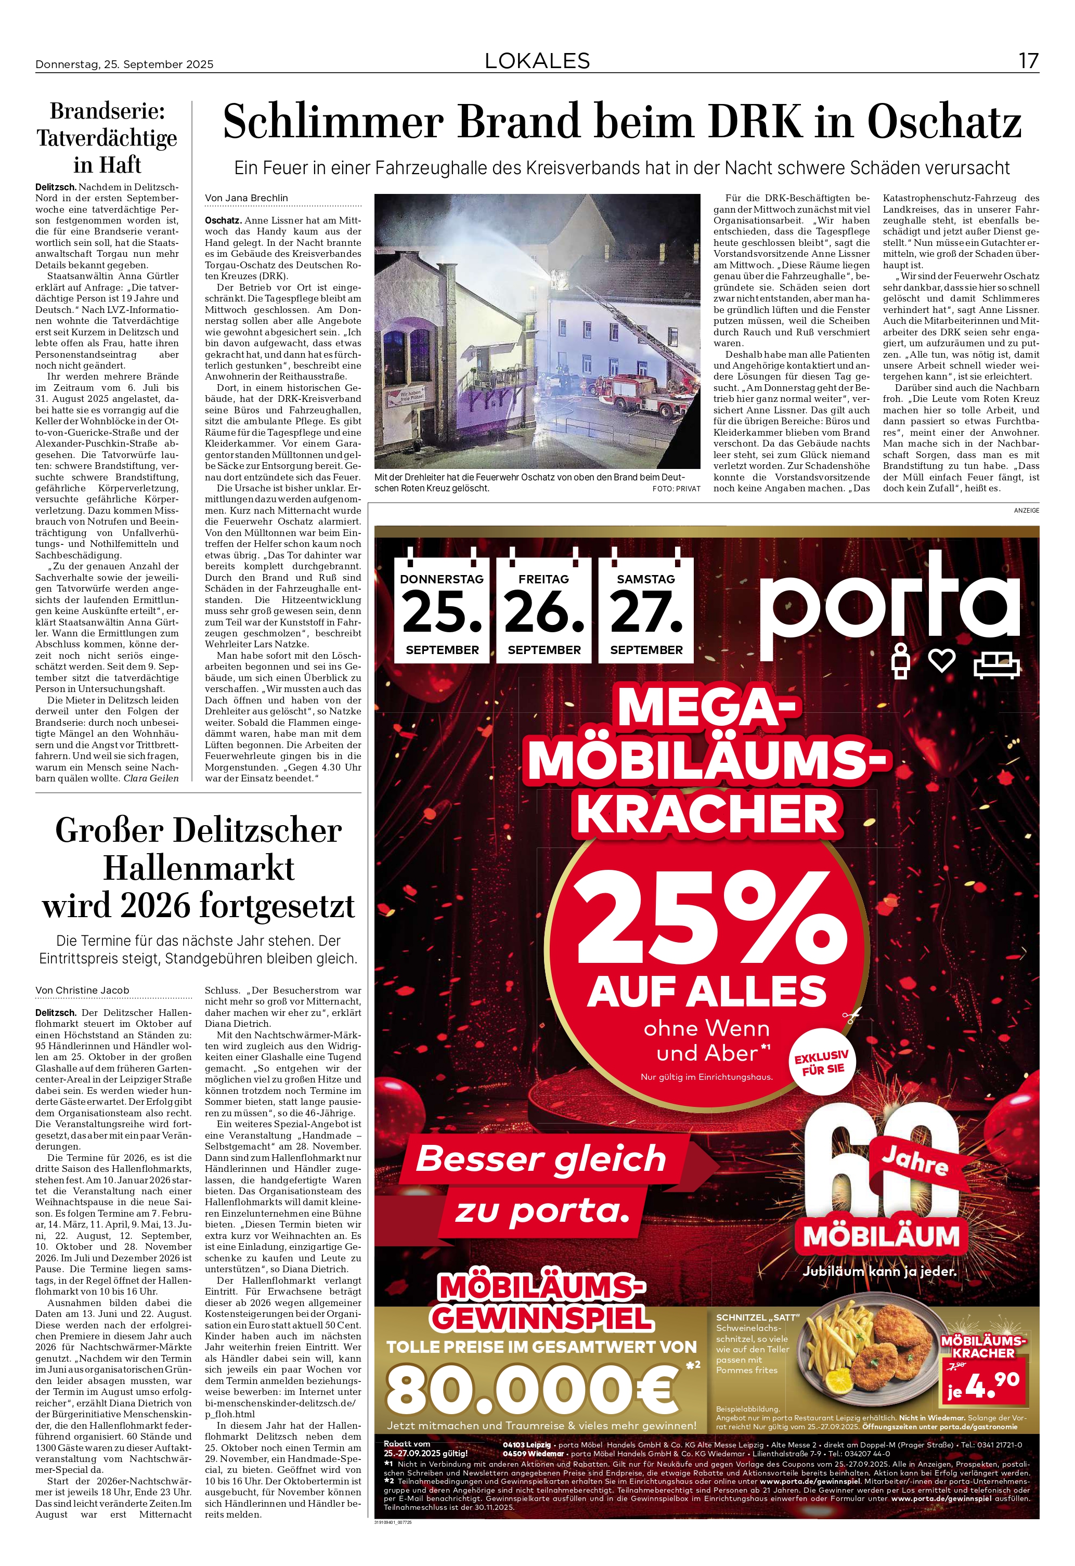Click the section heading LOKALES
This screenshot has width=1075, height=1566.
(x=537, y=61)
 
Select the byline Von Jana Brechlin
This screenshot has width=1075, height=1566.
(x=246, y=198)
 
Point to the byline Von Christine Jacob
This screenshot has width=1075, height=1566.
(x=82, y=990)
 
